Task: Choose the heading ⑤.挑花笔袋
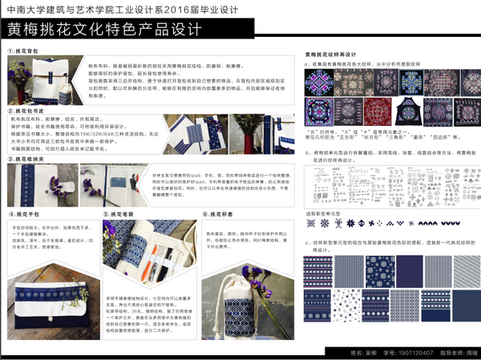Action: tap(119, 215)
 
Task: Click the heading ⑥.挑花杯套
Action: tap(216, 215)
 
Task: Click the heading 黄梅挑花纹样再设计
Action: tap(330, 55)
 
